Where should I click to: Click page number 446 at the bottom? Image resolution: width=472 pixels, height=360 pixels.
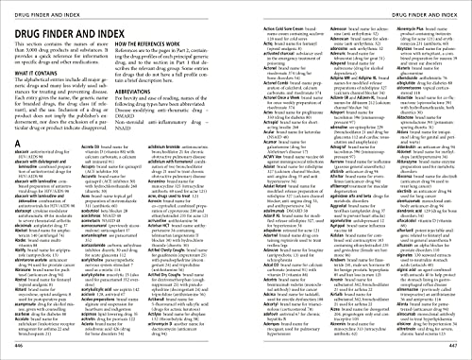pos(11,350)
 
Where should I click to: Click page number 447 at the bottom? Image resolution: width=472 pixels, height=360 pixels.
pos(461,350)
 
